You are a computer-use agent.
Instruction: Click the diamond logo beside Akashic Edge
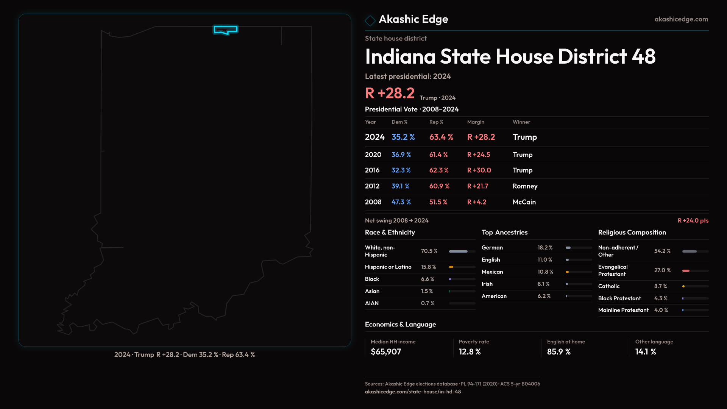coord(370,20)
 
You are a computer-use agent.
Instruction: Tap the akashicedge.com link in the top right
coord(681,19)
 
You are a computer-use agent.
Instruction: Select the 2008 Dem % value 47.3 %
coord(401,202)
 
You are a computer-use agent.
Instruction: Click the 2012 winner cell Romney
coord(525,186)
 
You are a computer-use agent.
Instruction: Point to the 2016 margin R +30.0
coord(479,170)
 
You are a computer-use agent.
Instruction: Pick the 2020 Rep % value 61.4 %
coord(438,155)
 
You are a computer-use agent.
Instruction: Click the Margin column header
coord(476,122)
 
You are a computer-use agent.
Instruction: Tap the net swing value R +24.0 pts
coord(693,220)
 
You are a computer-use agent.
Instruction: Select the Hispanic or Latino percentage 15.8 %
coord(428,267)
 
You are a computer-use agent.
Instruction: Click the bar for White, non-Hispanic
coord(462,251)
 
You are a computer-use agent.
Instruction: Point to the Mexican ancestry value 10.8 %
coord(545,272)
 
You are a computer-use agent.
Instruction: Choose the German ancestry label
coord(492,248)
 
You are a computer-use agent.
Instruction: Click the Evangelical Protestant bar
coord(695,271)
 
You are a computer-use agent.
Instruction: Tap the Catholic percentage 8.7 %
coord(660,286)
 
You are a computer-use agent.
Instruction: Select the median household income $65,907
coord(386,352)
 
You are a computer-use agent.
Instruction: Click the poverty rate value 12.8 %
coord(470,352)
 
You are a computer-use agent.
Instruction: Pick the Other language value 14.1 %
coord(646,352)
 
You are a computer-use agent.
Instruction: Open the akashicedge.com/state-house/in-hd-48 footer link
coord(413,392)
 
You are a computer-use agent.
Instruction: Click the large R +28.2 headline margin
coord(390,93)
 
